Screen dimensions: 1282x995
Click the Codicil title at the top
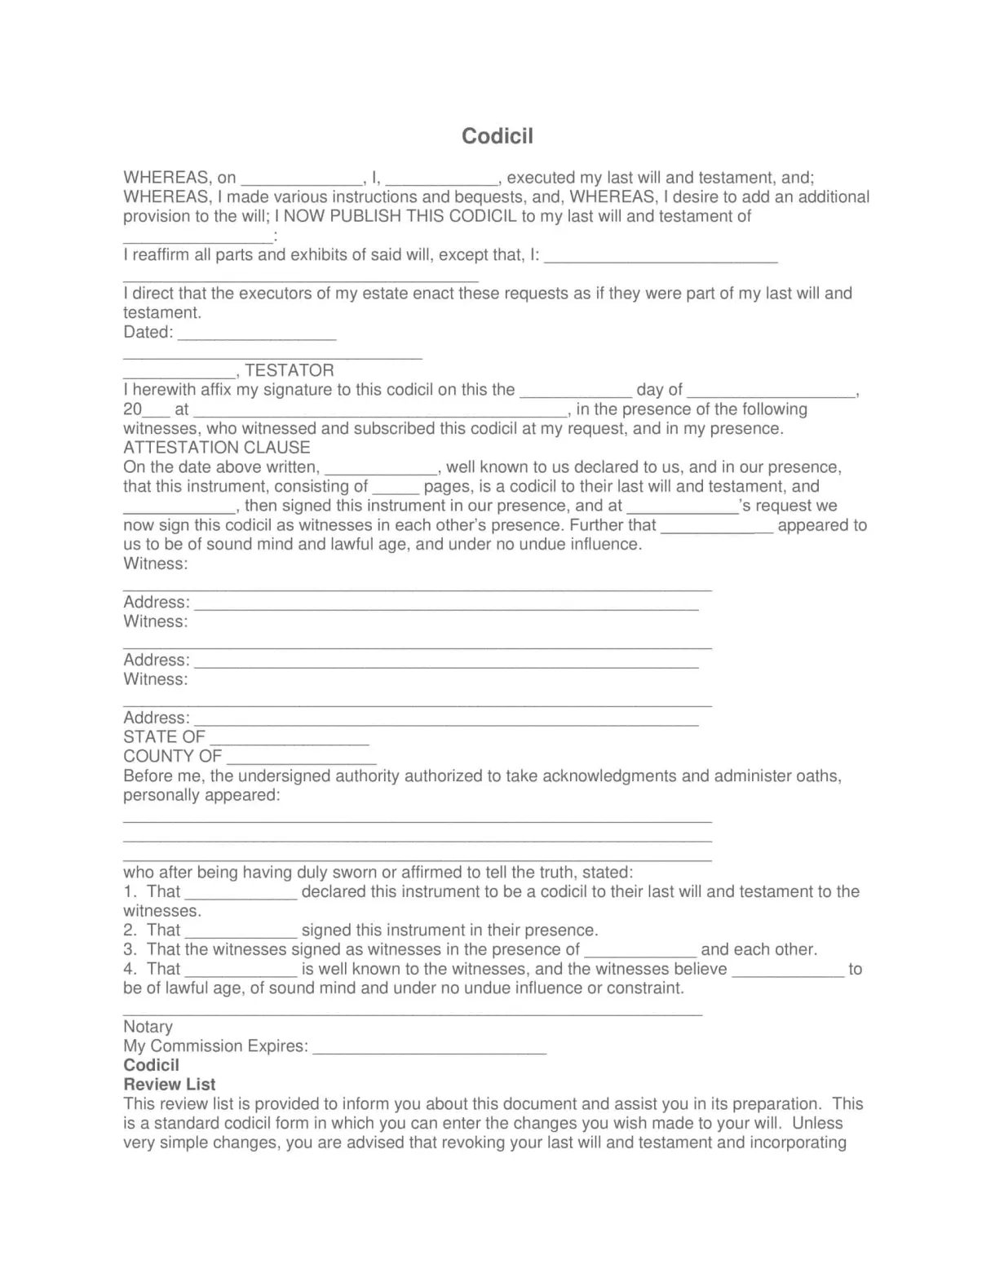coord(497,135)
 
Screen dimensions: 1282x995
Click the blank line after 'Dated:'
coord(256,334)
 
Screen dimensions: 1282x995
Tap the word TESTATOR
coord(290,370)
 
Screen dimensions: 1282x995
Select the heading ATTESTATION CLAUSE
coord(217,448)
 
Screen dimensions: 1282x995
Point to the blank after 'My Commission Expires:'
coord(429,1049)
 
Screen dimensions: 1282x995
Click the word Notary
coord(148,1027)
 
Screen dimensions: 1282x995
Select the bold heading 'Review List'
coord(170,1085)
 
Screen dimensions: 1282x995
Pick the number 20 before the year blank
coord(132,409)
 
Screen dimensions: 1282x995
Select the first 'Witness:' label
coord(155,564)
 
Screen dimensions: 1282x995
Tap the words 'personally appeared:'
coord(201,795)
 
